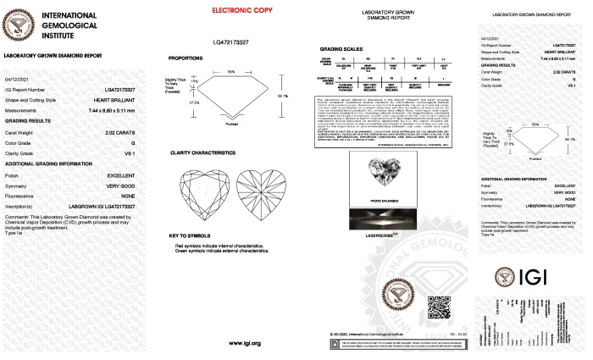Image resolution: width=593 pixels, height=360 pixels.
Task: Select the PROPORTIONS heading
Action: [x=186, y=58]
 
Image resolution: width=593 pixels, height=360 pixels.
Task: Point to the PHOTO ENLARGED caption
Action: [x=376, y=201]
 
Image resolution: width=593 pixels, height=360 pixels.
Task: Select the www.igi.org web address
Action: [x=245, y=343]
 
